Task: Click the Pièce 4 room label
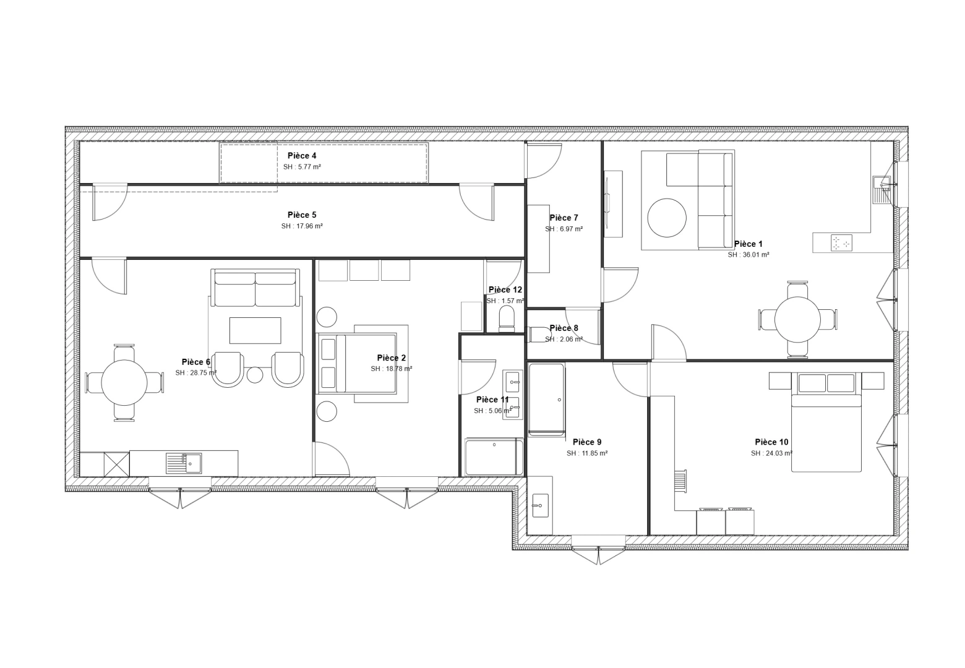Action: (x=302, y=156)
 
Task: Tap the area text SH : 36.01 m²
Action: (x=748, y=255)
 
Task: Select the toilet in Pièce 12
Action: (x=507, y=318)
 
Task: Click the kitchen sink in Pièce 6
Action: (x=184, y=462)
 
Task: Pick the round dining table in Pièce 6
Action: (x=124, y=383)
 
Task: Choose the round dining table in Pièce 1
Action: (x=797, y=320)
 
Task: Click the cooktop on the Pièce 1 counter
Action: (x=841, y=242)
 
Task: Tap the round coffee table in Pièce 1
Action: (x=667, y=218)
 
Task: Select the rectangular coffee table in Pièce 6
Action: (x=255, y=330)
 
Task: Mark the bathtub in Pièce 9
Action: (x=546, y=400)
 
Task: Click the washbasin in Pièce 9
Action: (x=540, y=505)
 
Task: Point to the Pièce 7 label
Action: (x=564, y=218)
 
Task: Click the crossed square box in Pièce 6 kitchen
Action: (x=116, y=464)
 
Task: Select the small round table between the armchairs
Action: (x=255, y=375)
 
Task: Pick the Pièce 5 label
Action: (x=302, y=215)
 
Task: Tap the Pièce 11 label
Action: (x=492, y=400)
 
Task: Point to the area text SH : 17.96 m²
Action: (x=302, y=226)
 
